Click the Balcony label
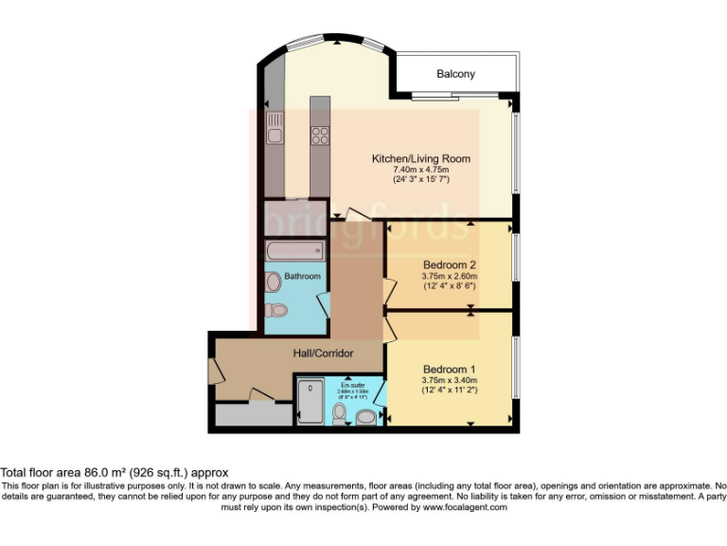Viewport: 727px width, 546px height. (456, 74)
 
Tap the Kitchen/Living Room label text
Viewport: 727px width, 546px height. (420, 158)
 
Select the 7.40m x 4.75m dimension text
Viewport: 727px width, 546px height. (420, 170)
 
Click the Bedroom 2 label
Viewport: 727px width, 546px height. (449, 264)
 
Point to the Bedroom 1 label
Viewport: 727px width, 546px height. (449, 369)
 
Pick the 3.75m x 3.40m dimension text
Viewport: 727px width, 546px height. (449, 380)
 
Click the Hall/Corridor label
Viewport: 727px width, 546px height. (322, 354)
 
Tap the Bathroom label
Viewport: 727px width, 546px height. (302, 276)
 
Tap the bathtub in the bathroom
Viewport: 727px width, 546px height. (293, 251)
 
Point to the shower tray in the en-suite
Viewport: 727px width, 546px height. (310, 404)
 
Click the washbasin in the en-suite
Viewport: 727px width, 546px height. (366, 415)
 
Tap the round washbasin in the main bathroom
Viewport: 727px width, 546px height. (274, 282)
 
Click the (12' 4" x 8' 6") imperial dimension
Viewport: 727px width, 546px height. (449, 286)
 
